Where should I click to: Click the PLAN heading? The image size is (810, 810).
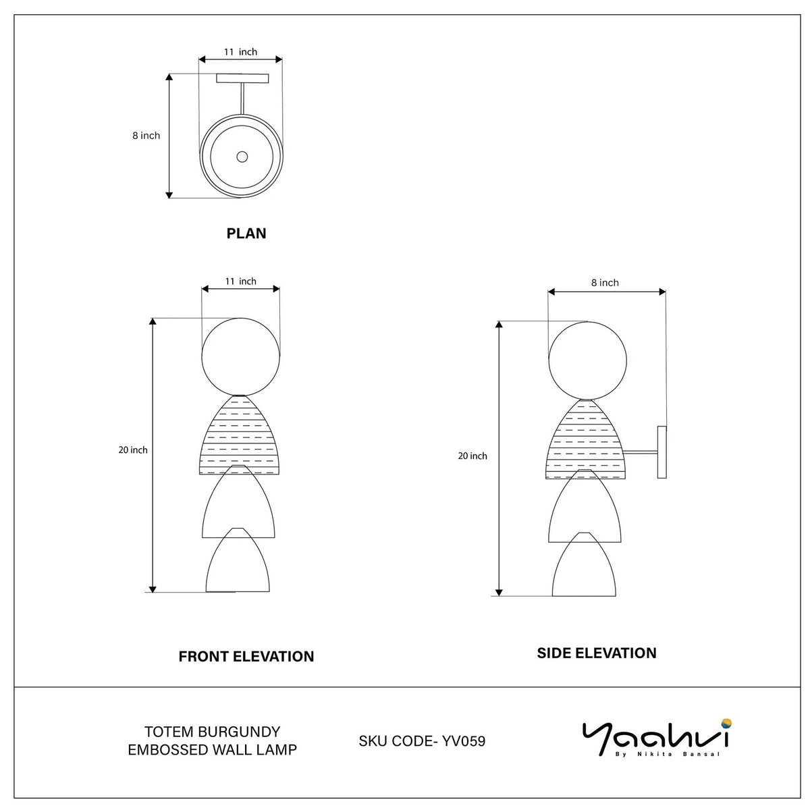[246, 234]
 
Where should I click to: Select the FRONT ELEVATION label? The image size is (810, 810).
[246, 656]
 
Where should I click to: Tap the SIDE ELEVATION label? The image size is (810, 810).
[597, 653]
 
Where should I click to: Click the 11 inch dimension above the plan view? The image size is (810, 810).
[240, 52]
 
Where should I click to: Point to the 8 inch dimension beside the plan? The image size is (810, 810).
[146, 136]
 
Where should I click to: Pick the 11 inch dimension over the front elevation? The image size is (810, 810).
[240, 281]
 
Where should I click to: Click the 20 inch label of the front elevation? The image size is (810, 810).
[133, 450]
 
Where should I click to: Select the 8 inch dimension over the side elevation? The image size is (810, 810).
[605, 283]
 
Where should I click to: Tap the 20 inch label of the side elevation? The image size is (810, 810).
[473, 456]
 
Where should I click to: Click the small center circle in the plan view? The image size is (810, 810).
[242, 157]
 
